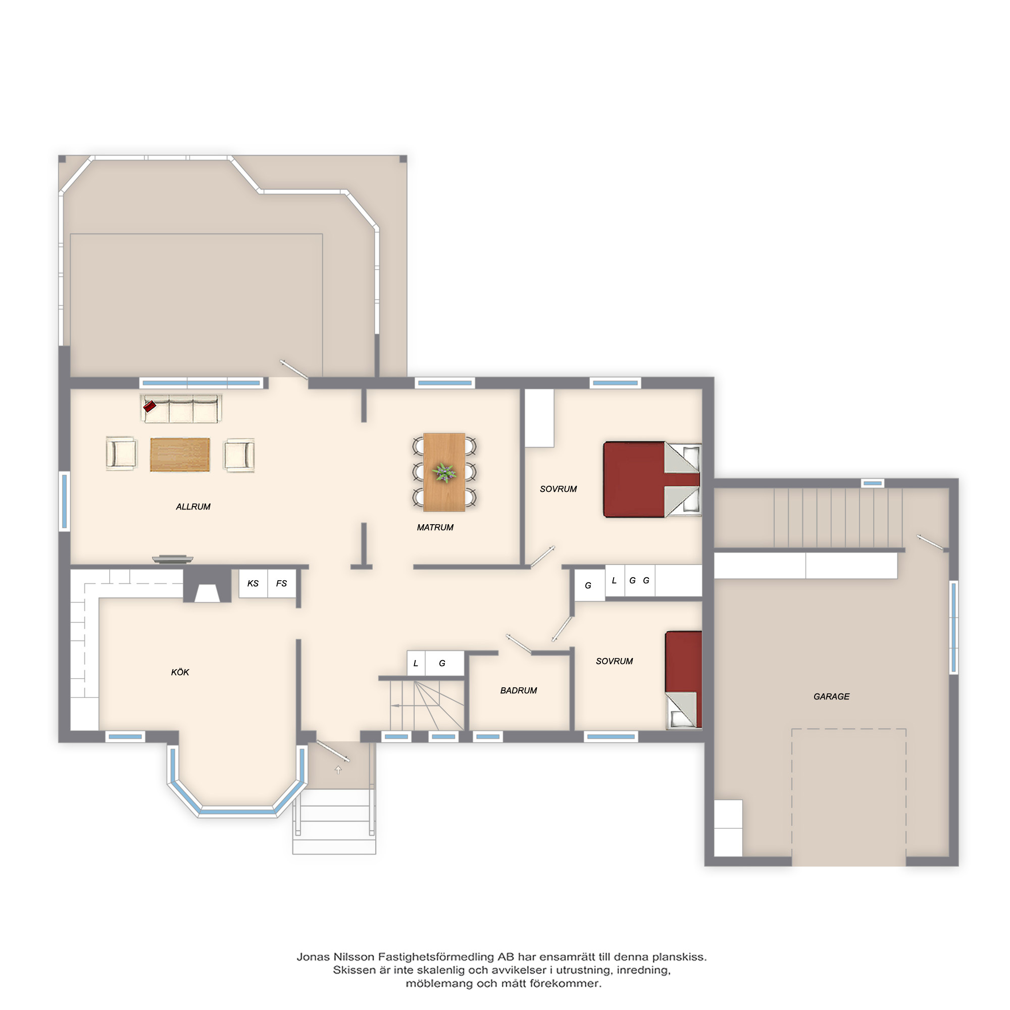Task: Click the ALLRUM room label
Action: [193, 507]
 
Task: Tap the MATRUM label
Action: [435, 528]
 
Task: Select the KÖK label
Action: [180, 672]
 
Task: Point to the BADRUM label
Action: [519, 690]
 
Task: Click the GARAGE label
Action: [831, 696]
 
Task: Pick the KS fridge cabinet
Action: [253, 583]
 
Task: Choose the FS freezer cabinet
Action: [282, 583]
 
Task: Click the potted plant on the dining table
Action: [444, 472]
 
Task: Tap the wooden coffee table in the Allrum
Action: [180, 455]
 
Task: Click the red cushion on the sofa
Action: [149, 406]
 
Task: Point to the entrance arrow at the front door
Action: [338, 770]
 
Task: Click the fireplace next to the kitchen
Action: [208, 585]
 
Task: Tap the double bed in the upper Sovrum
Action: [652, 480]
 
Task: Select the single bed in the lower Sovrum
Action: [683, 680]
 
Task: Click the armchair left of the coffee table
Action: [121, 453]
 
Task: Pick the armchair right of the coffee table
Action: [239, 455]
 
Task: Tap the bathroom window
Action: [488, 737]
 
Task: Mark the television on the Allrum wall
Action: [173, 559]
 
